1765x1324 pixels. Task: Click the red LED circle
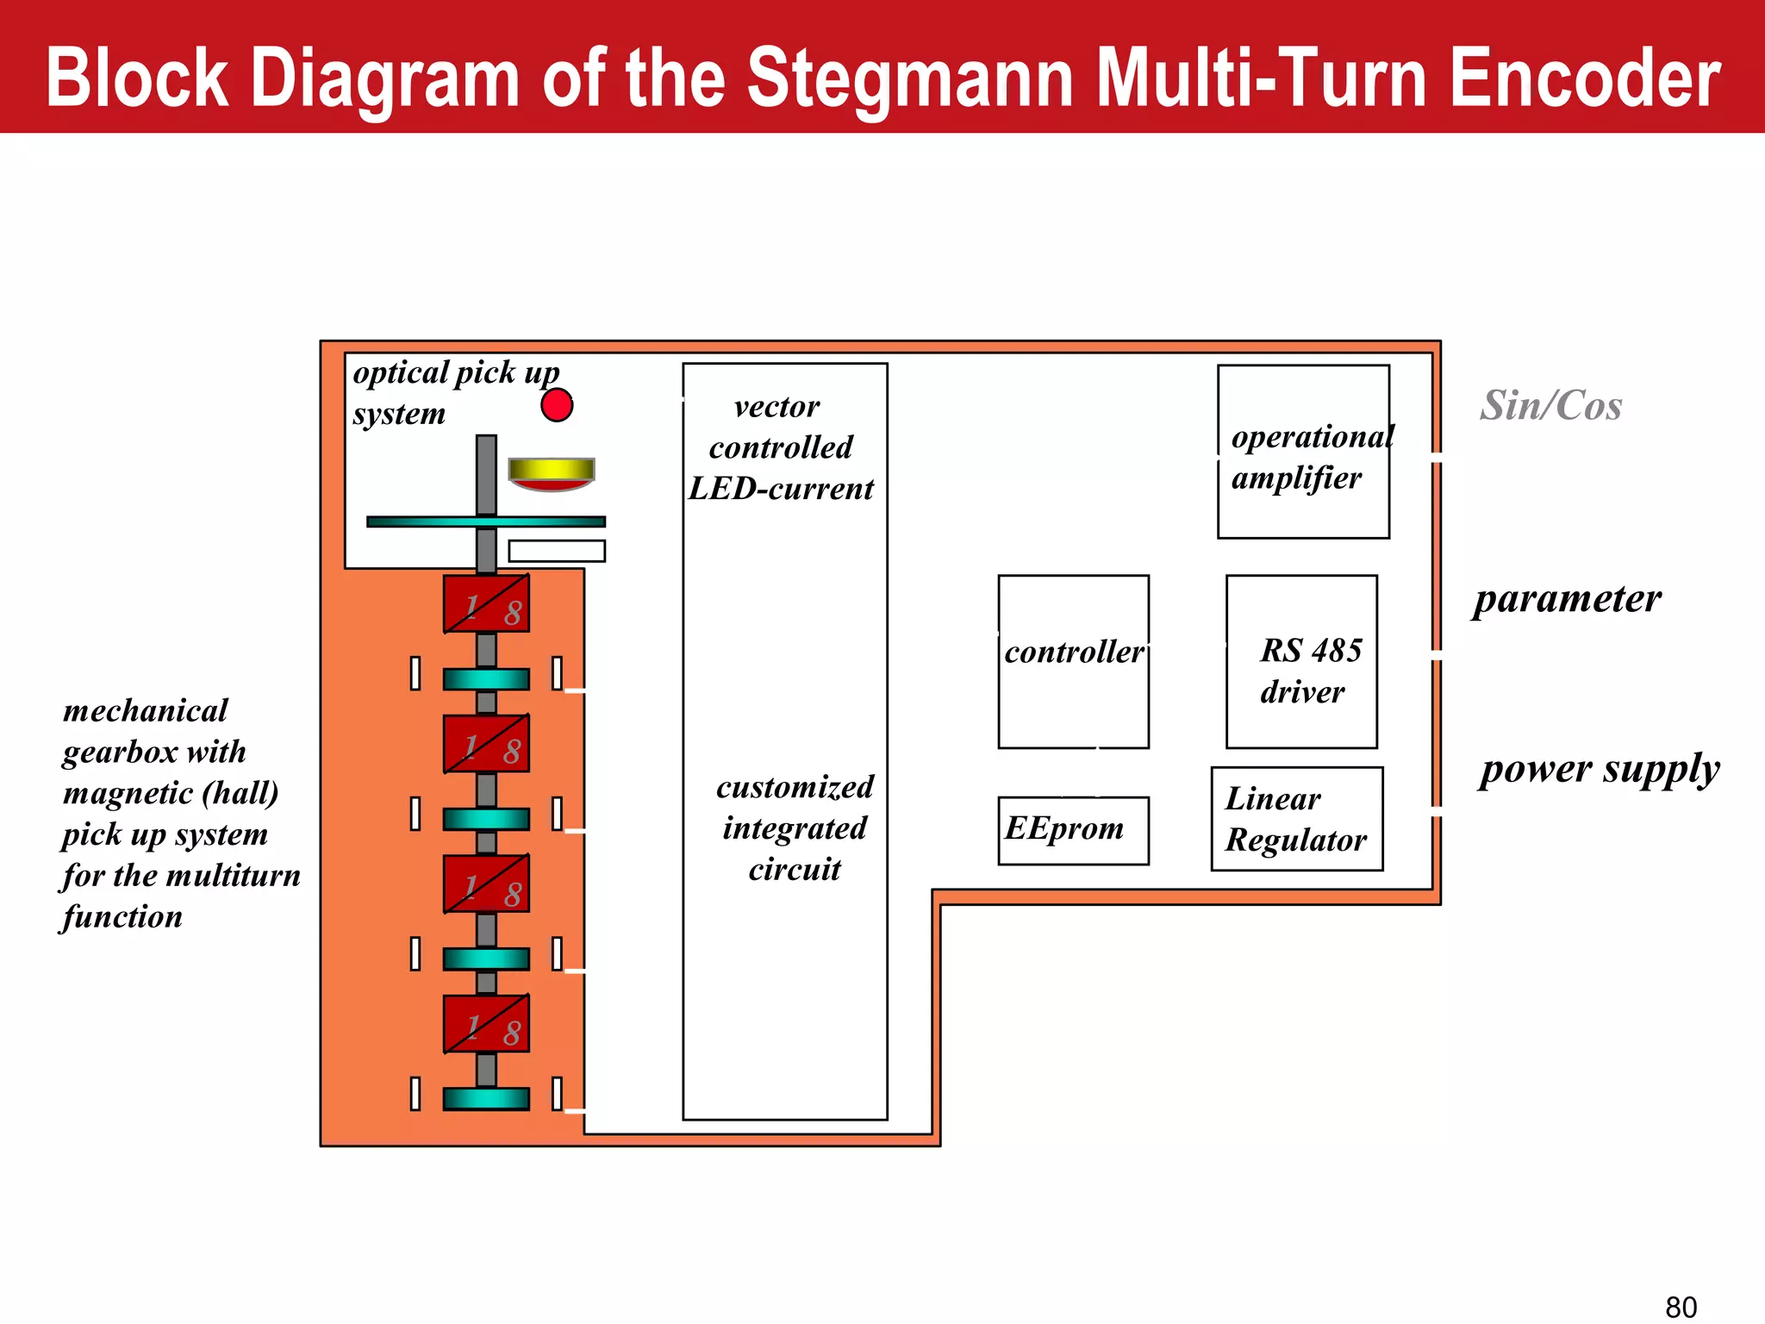pos(557,404)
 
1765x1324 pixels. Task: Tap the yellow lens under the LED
pos(552,471)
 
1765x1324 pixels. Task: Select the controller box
pos(1073,661)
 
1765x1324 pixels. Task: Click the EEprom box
pos(1073,830)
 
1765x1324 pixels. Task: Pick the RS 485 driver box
pos(1301,661)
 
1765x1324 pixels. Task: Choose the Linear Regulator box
pos(1296,819)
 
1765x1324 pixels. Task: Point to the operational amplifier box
pos(1302,452)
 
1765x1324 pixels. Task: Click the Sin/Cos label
pos(1550,405)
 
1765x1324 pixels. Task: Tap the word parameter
pos(1567,598)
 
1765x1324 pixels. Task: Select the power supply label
pos(1599,769)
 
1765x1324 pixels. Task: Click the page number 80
pos(1681,1307)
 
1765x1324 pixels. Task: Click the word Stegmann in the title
pos(909,78)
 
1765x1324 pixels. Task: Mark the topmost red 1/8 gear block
pos(486,604)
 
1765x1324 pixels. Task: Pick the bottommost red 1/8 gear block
pos(486,1024)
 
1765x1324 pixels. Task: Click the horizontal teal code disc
pos(486,521)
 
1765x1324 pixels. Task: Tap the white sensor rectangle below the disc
pos(557,551)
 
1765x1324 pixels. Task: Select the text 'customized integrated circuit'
pos(795,828)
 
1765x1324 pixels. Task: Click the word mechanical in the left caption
pos(146,711)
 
